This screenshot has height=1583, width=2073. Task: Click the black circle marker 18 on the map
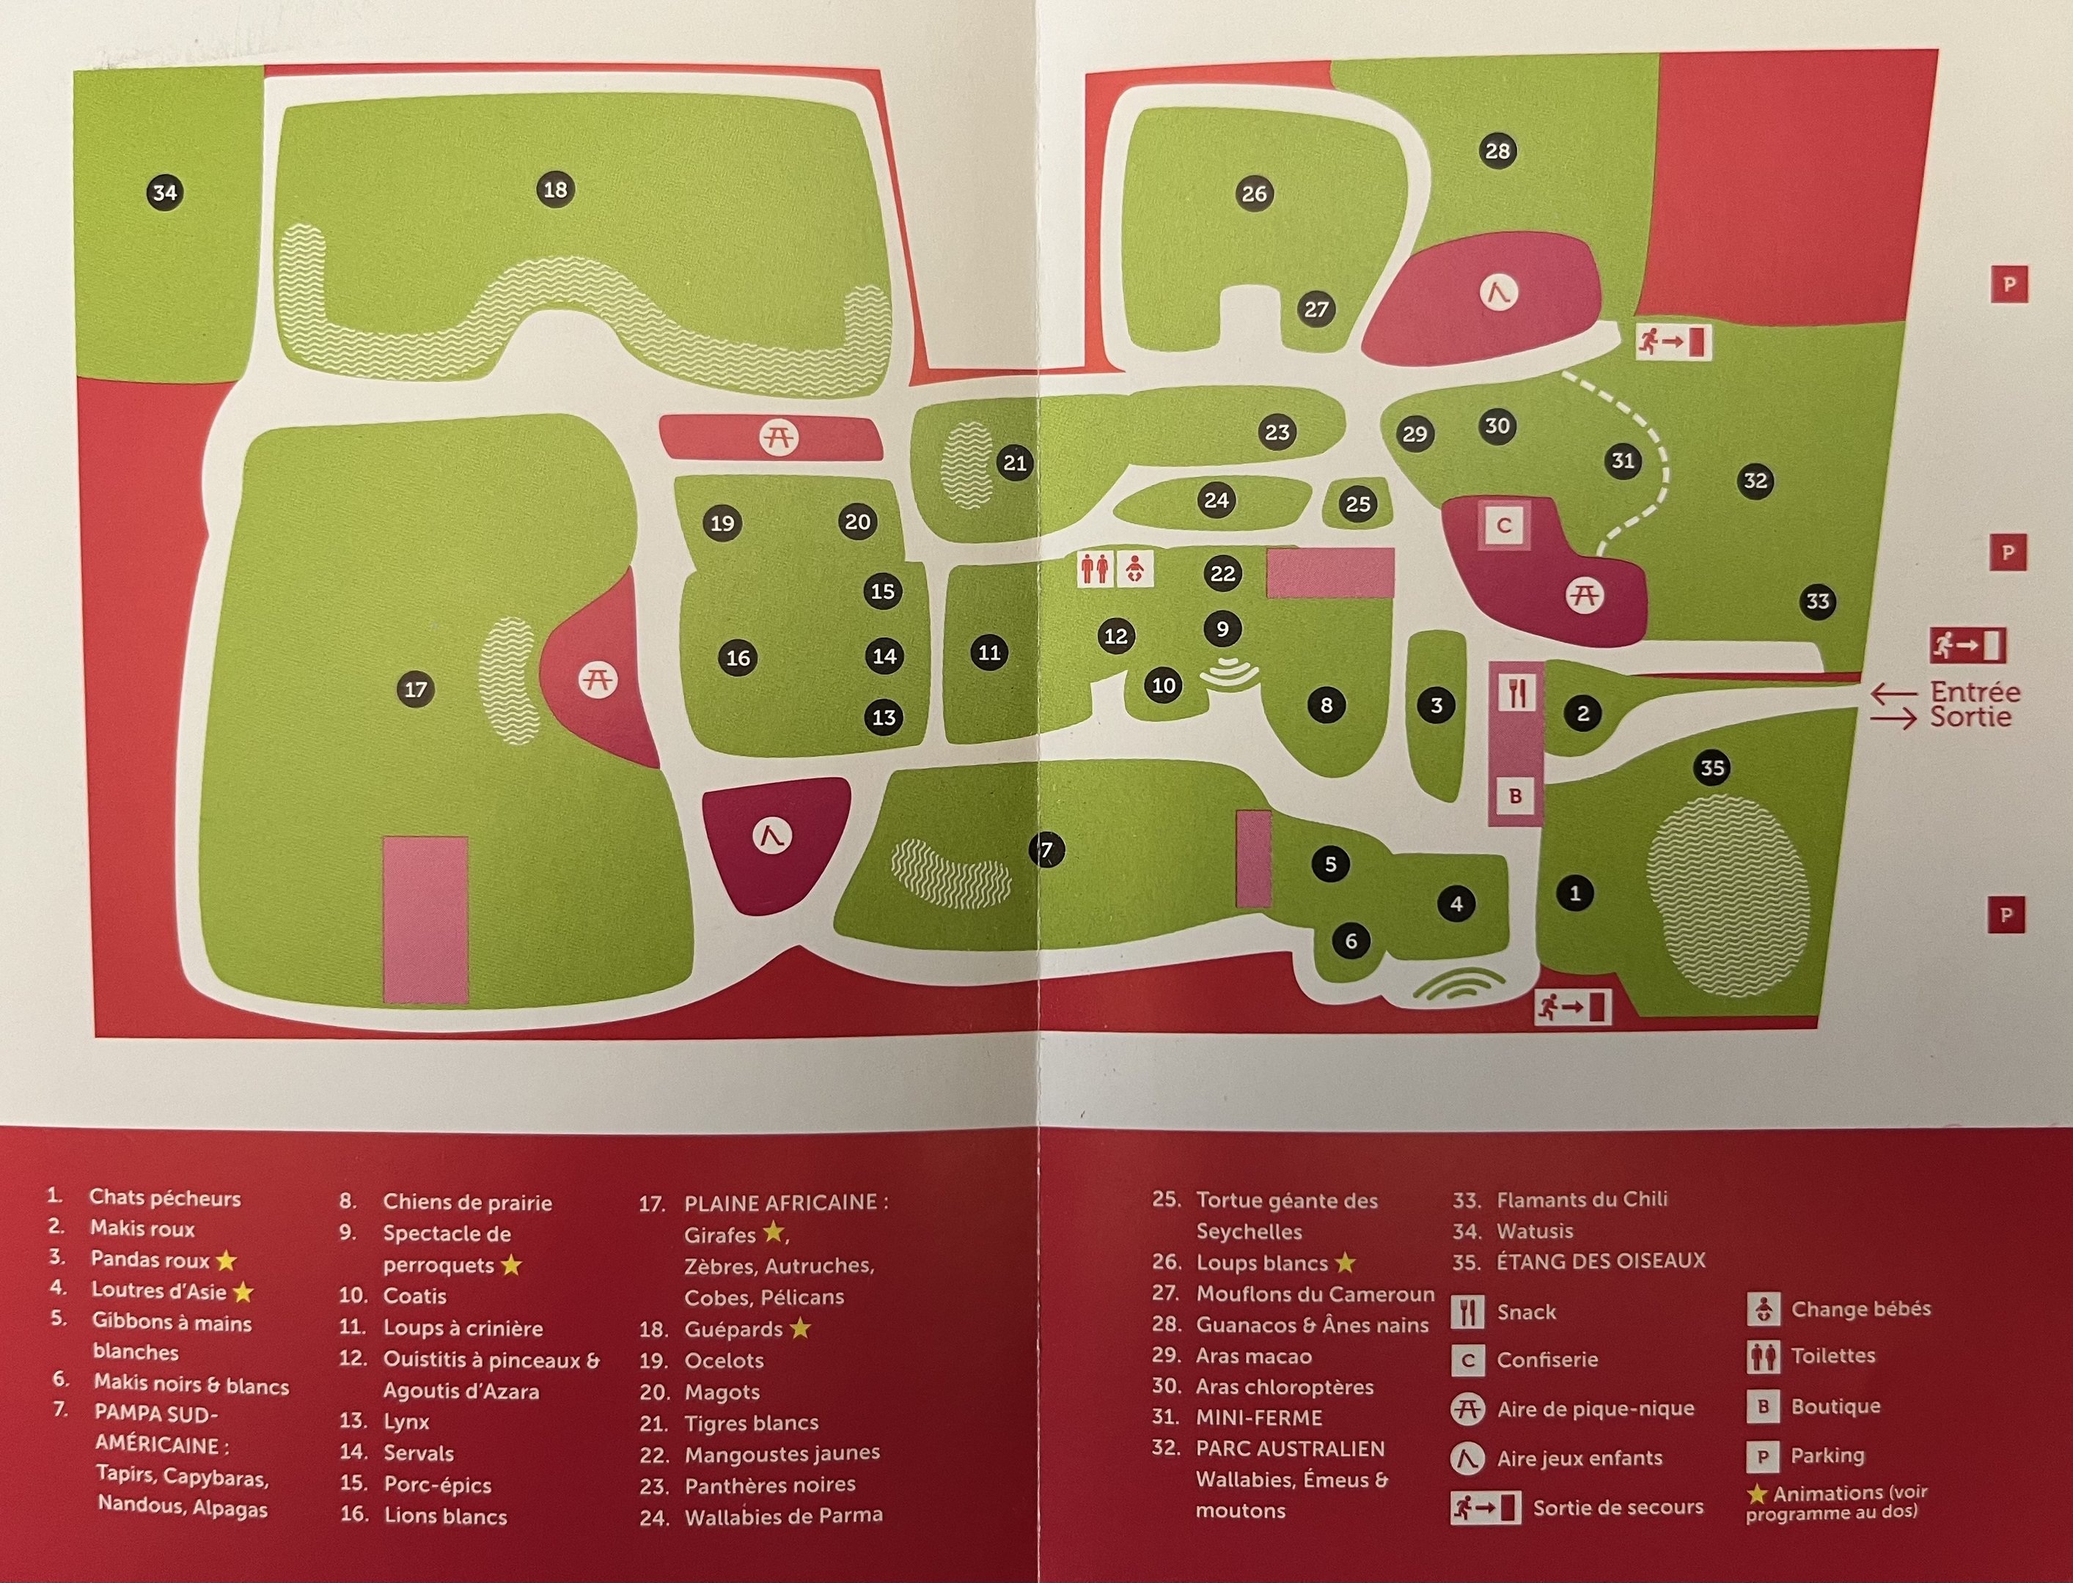coord(555,189)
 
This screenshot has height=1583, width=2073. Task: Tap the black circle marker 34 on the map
coord(165,193)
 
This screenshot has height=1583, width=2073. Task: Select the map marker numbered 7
coord(1046,851)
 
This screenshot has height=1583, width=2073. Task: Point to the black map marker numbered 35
coord(1712,768)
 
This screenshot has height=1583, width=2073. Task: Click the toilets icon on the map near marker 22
coord(1095,569)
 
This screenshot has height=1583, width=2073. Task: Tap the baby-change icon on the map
coord(1135,569)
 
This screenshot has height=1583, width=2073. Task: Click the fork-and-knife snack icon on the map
coord(1516,693)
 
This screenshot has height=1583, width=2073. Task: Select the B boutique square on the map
coord(1516,796)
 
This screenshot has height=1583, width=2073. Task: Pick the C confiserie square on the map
coord(1504,525)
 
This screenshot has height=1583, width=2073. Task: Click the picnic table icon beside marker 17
coord(598,679)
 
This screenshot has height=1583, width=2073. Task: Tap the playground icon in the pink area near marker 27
coord(1498,292)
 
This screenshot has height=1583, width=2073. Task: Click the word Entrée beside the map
coord(1974,692)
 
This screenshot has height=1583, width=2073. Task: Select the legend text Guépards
coord(733,1329)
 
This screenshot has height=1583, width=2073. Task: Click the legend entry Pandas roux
coord(150,1260)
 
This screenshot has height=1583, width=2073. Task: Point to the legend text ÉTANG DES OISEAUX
coord(1601,1261)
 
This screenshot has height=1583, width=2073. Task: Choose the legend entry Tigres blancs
coord(752,1423)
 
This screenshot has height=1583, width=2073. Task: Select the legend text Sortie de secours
coord(1618,1508)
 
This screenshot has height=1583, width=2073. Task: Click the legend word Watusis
coord(1535,1230)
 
